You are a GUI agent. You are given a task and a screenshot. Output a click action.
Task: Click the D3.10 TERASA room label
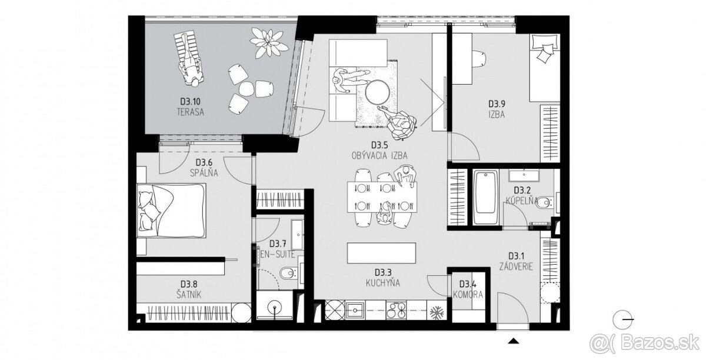pos(191,107)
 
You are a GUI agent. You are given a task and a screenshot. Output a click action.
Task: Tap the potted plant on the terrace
pos(269,43)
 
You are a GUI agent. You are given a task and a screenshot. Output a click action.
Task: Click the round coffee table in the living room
pos(377,92)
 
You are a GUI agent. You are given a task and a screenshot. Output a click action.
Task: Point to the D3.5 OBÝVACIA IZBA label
pos(379,151)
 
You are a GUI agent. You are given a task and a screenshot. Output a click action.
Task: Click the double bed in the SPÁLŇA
pos(172,211)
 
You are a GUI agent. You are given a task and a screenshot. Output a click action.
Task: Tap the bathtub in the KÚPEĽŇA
pos(486,197)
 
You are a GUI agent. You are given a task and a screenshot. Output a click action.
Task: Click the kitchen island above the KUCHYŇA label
pos(381,253)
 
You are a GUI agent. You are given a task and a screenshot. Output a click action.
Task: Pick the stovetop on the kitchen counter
pos(396,310)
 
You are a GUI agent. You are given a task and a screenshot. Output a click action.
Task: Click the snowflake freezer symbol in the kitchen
pos(437,313)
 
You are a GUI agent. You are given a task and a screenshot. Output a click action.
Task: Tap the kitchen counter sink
pos(355,310)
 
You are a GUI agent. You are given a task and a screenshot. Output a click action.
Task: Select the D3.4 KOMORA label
pos(468,289)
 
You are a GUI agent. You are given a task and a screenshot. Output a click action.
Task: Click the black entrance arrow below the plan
pos(514,341)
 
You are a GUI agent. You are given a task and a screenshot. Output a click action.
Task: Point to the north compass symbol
pos(621,319)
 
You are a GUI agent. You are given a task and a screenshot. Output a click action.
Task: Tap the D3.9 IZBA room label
pos(497,109)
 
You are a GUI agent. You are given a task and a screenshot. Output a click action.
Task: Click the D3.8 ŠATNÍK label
pos(189,289)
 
